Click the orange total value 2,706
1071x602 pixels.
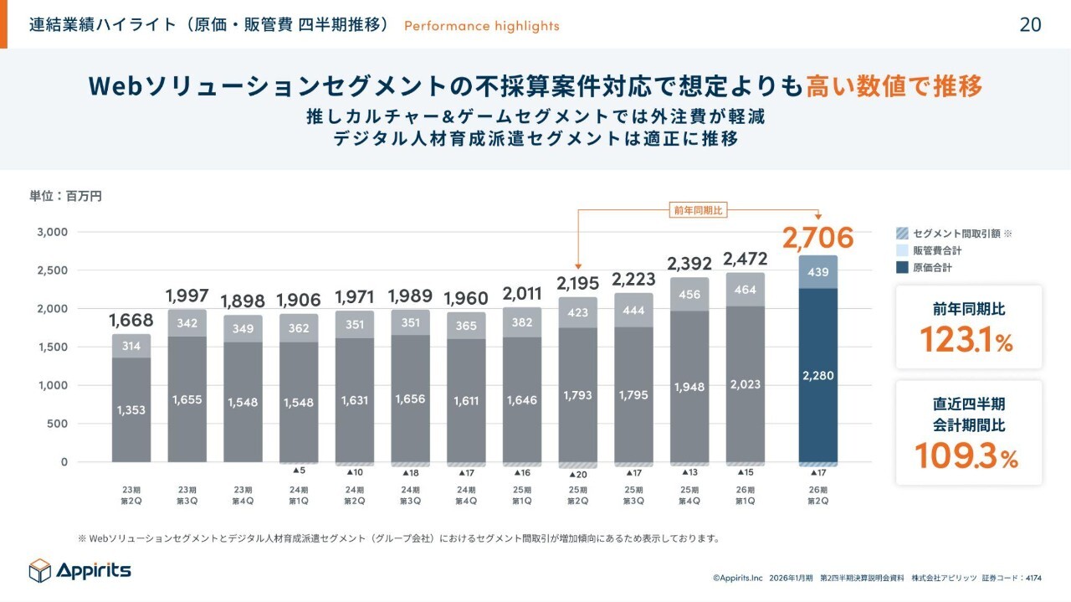coord(817,238)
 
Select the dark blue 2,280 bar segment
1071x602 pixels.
coord(817,375)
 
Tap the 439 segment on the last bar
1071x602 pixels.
coord(817,272)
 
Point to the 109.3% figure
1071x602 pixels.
coord(968,456)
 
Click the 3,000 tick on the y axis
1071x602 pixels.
coord(52,232)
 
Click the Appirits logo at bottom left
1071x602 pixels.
coord(80,570)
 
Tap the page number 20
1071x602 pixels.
coord(1030,25)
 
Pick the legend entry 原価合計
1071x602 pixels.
coord(931,268)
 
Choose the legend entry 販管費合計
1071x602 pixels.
coord(936,250)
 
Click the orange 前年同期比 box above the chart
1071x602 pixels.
coord(698,210)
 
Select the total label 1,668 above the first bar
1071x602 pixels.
coord(131,321)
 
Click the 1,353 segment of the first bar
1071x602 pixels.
coord(131,410)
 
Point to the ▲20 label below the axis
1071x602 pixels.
coord(577,473)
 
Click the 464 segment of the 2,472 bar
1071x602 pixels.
coord(744,290)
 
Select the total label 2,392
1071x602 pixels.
coord(689,264)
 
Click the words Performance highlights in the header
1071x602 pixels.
coord(481,26)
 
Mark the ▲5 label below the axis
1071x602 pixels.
coord(299,471)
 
